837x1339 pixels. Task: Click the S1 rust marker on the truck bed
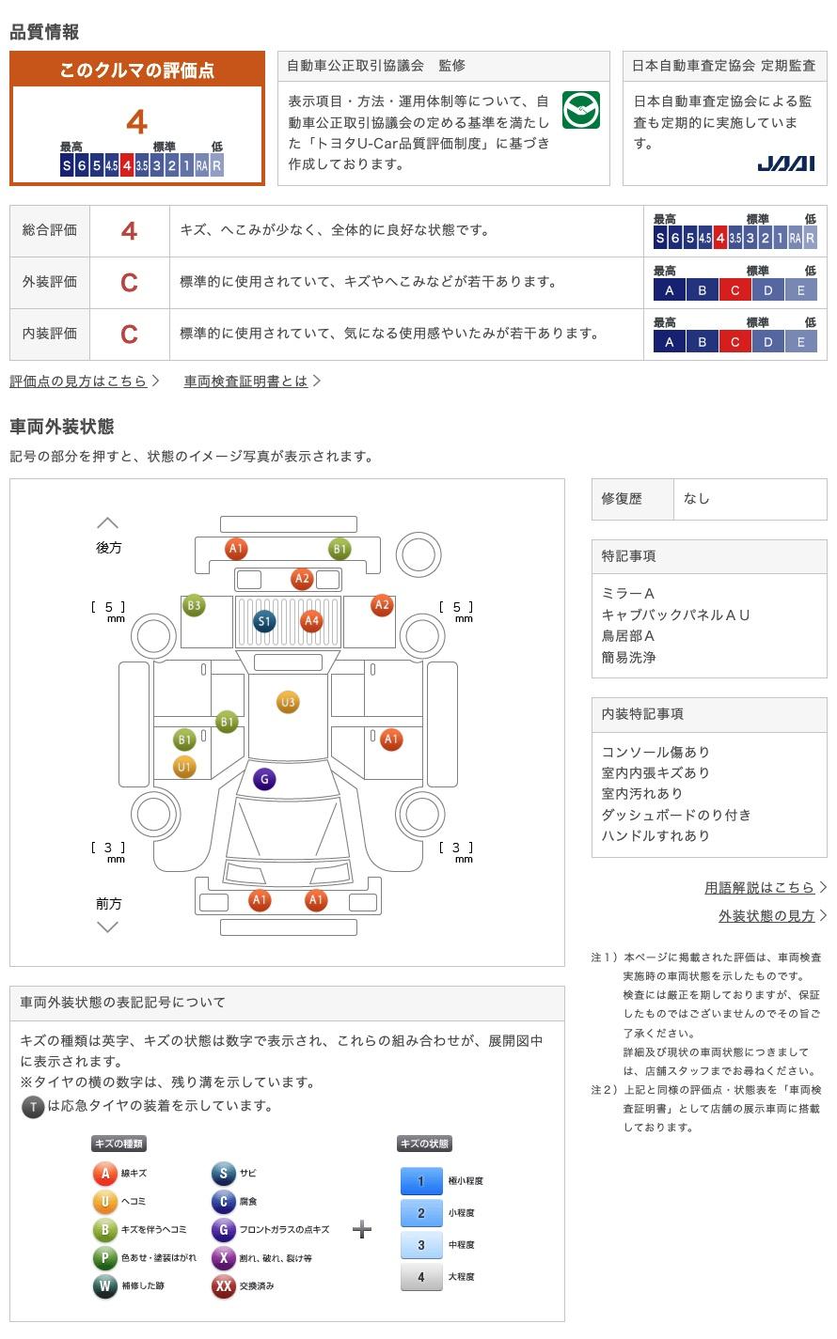click(264, 622)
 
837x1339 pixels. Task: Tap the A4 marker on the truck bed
click(311, 621)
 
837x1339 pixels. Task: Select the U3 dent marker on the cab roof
click(288, 702)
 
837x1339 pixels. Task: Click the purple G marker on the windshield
click(264, 779)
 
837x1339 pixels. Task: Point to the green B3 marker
click(194, 605)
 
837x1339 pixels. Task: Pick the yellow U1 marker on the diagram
click(184, 767)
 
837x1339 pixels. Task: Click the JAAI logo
click(785, 163)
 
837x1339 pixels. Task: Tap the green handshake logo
click(580, 110)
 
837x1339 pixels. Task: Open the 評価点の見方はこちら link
click(78, 381)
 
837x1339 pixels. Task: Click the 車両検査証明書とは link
click(245, 381)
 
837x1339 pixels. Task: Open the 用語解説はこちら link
click(759, 887)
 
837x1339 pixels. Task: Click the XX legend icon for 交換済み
click(223, 1285)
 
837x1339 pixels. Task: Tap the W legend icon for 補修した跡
click(104, 1285)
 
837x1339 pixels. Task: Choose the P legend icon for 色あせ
click(104, 1257)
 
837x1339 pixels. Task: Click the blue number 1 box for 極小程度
click(421, 1180)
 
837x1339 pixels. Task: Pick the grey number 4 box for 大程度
click(421, 1276)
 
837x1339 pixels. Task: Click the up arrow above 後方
click(108, 523)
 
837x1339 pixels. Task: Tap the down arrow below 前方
click(108, 927)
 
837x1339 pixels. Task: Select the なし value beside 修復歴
click(697, 499)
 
